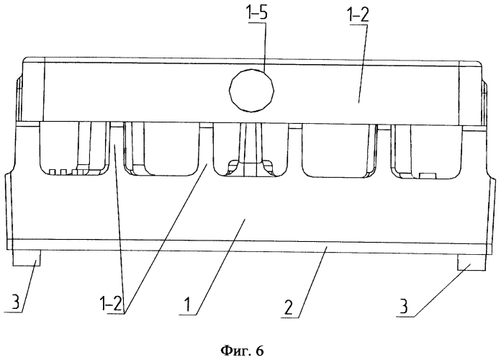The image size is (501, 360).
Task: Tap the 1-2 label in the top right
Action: pyautogui.click(x=358, y=14)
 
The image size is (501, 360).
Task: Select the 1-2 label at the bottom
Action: pyautogui.click(x=111, y=303)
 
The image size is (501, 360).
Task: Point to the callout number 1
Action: pyautogui.click(x=189, y=304)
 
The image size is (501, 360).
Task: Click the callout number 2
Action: pyautogui.click(x=289, y=307)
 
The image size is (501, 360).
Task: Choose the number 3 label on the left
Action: pyautogui.click(x=15, y=302)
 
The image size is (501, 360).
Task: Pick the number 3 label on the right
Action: pyautogui.click(x=404, y=306)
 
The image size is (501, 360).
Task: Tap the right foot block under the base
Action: pyautogui.click(x=472, y=263)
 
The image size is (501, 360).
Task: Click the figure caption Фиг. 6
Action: pyautogui.click(x=242, y=351)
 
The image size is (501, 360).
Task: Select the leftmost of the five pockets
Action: pyautogui.click(x=74, y=148)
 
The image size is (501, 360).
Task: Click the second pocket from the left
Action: pyautogui.click(x=161, y=148)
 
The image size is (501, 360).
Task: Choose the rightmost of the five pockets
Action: pyautogui.click(x=427, y=152)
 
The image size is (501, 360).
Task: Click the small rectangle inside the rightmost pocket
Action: pyautogui.click(x=428, y=176)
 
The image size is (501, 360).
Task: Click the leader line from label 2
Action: pyautogui.click(x=312, y=282)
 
